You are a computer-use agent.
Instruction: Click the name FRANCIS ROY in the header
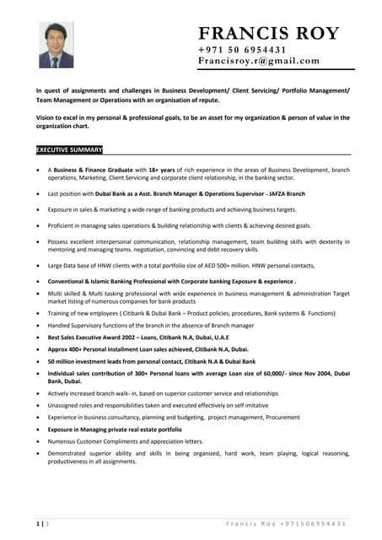pos(269,34)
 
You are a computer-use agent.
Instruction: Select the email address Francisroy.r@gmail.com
pos(258,61)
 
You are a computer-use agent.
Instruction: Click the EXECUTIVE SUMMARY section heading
pos(69,149)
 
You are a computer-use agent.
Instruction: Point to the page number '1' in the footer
pos(38,524)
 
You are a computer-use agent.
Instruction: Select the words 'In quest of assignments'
pos(74,89)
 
